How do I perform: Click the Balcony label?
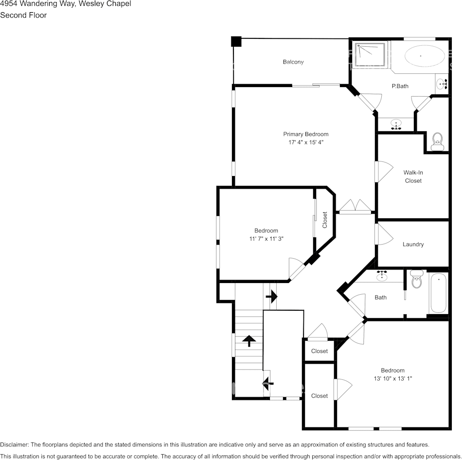click(293, 62)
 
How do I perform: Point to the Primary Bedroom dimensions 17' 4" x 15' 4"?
click(306, 142)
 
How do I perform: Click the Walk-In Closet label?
click(413, 177)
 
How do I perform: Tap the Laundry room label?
click(413, 245)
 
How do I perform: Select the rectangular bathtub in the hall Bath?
click(439, 294)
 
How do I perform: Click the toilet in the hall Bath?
click(416, 281)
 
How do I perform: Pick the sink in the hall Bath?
click(382, 277)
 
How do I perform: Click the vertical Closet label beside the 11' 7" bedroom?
click(325, 220)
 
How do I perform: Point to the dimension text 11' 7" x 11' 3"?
click(266, 239)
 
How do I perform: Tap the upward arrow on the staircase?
click(249, 341)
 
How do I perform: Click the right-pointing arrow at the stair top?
click(271, 296)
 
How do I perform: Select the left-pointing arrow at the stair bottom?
click(267, 384)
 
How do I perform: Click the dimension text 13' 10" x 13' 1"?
click(392, 378)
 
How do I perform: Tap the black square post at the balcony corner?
click(236, 41)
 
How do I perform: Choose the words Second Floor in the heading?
click(23, 15)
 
